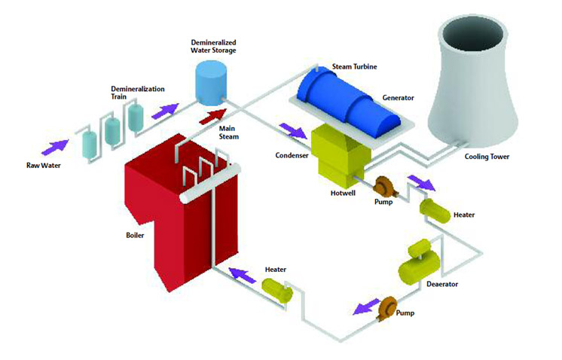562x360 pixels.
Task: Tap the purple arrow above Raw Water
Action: coord(59,140)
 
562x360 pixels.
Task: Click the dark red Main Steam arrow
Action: coord(212,116)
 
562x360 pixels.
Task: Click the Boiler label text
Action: coord(135,235)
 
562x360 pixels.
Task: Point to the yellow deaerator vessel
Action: coord(416,260)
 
